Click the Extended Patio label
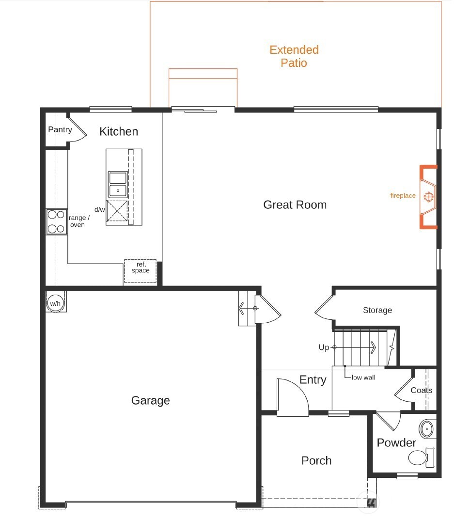(x=294, y=56)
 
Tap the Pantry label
(x=60, y=129)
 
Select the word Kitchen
(x=119, y=131)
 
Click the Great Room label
(x=295, y=205)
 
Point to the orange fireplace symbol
(x=428, y=196)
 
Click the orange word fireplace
(x=403, y=196)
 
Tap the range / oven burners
(x=56, y=221)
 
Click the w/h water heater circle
(x=56, y=303)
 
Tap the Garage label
(x=151, y=400)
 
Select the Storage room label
(x=377, y=310)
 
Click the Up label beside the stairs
(x=324, y=347)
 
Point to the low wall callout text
(x=363, y=377)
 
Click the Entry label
(x=313, y=379)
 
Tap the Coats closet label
(x=421, y=390)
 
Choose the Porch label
(x=316, y=460)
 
